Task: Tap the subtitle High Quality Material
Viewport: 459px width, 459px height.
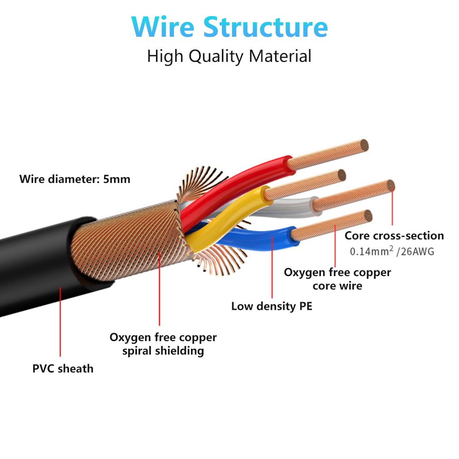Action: pos(229,56)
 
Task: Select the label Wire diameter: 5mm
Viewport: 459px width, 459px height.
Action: pos(75,180)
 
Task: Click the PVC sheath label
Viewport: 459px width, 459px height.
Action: pos(63,369)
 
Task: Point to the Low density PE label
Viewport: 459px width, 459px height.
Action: pos(272,307)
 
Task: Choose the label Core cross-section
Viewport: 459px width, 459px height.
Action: pos(394,236)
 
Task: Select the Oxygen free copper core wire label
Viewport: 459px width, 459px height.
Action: pos(337,279)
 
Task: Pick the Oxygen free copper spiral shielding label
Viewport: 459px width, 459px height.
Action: pos(163,344)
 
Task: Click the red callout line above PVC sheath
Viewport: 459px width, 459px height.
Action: pos(60,323)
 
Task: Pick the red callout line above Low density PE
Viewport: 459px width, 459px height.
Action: pos(272,269)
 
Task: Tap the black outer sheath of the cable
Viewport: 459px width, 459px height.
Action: pos(36,264)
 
